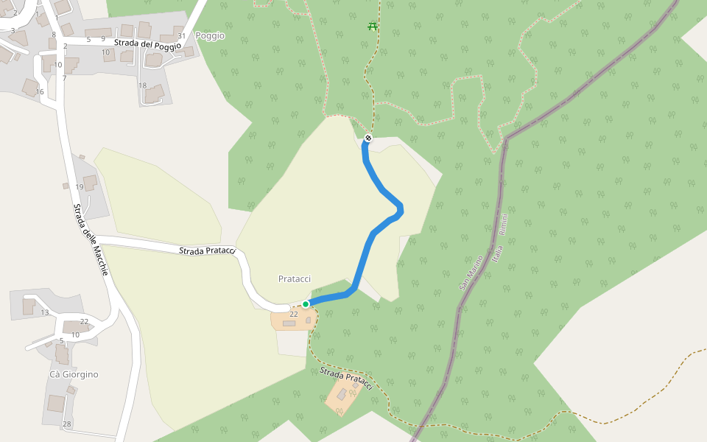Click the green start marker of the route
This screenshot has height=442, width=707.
tap(306, 304)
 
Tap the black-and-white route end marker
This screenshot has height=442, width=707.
tap(368, 138)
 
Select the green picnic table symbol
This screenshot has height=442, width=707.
tap(372, 27)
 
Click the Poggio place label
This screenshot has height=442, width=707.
tap(210, 35)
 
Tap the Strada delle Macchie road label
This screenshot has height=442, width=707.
tap(91, 240)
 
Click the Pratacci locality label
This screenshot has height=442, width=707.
tap(295, 278)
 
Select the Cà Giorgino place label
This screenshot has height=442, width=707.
tap(74, 374)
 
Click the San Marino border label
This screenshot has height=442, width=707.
tap(471, 273)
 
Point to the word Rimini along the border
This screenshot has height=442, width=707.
tap(504, 224)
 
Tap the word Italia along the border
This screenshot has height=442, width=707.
tap(498, 256)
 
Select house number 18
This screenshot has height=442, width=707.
tap(142, 85)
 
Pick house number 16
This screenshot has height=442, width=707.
tap(40, 92)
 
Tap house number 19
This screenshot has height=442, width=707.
tap(80, 186)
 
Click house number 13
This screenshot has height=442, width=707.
tap(45, 313)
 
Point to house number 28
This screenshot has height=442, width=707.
tap(67, 424)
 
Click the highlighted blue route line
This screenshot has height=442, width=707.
tap(365, 258)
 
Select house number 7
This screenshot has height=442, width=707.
tap(64, 78)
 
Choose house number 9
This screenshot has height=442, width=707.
tap(103, 39)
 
